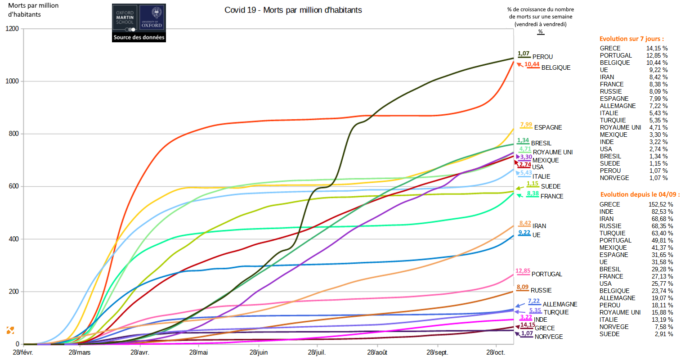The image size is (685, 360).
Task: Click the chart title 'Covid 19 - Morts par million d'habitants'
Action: (x=293, y=10)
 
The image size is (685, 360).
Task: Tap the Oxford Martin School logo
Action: (x=139, y=18)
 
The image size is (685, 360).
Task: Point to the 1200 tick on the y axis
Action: (x=12, y=29)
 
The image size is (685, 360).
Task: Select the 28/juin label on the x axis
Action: (x=259, y=352)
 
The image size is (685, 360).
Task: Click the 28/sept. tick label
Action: (x=437, y=352)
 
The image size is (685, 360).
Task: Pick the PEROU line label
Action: (x=542, y=57)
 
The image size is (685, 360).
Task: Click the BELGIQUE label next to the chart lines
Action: (x=555, y=67)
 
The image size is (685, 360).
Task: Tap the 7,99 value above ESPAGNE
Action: (x=526, y=125)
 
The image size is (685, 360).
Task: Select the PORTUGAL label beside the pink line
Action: (x=546, y=274)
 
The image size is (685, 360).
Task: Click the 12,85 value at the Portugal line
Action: (x=523, y=271)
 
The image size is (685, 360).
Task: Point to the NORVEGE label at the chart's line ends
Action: (x=548, y=337)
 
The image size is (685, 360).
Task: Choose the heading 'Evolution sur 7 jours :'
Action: (x=631, y=39)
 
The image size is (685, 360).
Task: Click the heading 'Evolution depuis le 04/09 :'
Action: (x=640, y=194)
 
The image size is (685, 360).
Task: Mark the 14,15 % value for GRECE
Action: (x=657, y=48)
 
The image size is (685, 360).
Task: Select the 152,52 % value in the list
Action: (x=660, y=204)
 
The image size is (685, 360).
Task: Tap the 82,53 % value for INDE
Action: (x=662, y=211)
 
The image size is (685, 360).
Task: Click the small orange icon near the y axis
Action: (x=10, y=330)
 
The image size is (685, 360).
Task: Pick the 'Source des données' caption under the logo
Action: (x=139, y=37)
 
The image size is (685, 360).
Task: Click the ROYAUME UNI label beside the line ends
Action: (x=552, y=152)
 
